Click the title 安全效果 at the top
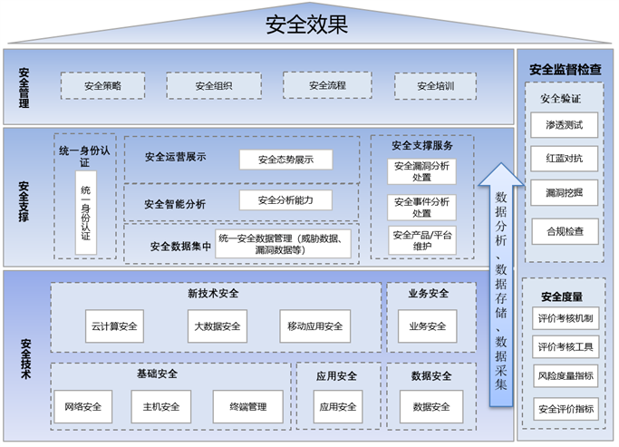307,24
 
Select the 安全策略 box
102,86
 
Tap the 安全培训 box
435,86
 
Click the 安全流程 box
327,86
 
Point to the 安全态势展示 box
285,160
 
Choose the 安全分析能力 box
285,199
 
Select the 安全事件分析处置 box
422,207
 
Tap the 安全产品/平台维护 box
422,240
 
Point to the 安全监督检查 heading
565,69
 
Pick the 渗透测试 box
565,124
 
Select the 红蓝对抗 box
565,159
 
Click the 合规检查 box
565,230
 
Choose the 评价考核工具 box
565,346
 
